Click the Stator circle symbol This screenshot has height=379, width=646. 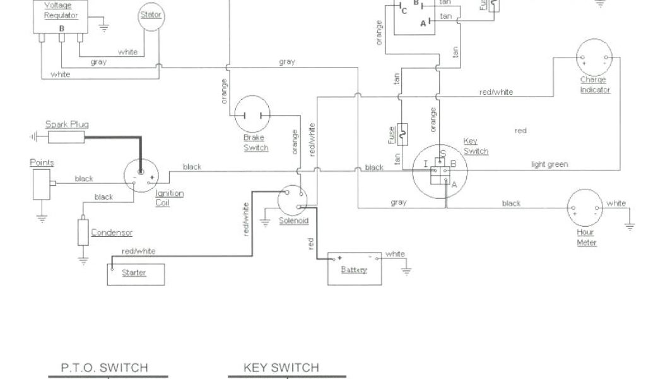point(151,18)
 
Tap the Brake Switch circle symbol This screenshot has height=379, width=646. point(252,114)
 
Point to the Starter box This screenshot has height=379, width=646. point(136,273)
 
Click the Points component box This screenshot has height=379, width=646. point(42,184)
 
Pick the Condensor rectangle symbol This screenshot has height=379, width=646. point(83,232)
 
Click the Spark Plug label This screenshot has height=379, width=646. point(66,125)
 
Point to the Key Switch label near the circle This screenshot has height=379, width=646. point(476,146)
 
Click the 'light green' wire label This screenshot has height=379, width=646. point(549,164)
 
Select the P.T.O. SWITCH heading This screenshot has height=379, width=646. point(104,368)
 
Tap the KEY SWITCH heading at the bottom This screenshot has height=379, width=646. point(281,368)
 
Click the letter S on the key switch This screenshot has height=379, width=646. point(443,153)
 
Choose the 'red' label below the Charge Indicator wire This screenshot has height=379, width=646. point(520,131)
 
